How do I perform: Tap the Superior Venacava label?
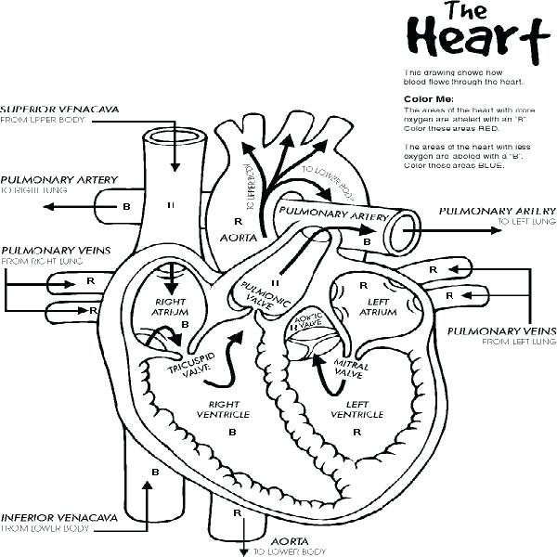point(59,108)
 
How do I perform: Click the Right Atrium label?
point(171,307)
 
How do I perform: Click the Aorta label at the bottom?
point(282,540)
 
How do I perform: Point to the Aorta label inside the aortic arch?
point(238,238)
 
